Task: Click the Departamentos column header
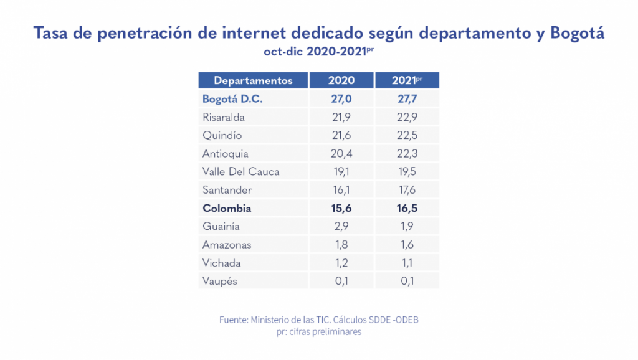point(253,80)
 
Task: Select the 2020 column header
point(341,80)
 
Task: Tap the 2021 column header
point(407,80)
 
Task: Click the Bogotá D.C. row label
point(232,99)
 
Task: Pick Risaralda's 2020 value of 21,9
point(341,117)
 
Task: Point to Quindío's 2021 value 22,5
point(407,135)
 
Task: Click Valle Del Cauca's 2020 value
point(341,172)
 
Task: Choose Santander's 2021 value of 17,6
point(407,190)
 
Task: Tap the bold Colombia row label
point(227,209)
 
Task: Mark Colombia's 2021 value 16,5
point(407,209)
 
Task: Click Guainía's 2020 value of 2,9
point(341,227)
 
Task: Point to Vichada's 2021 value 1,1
point(407,263)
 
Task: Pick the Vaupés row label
point(220,281)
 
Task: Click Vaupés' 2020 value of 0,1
point(341,281)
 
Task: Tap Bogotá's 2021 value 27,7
point(407,99)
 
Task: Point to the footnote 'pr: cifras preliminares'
point(318,332)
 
